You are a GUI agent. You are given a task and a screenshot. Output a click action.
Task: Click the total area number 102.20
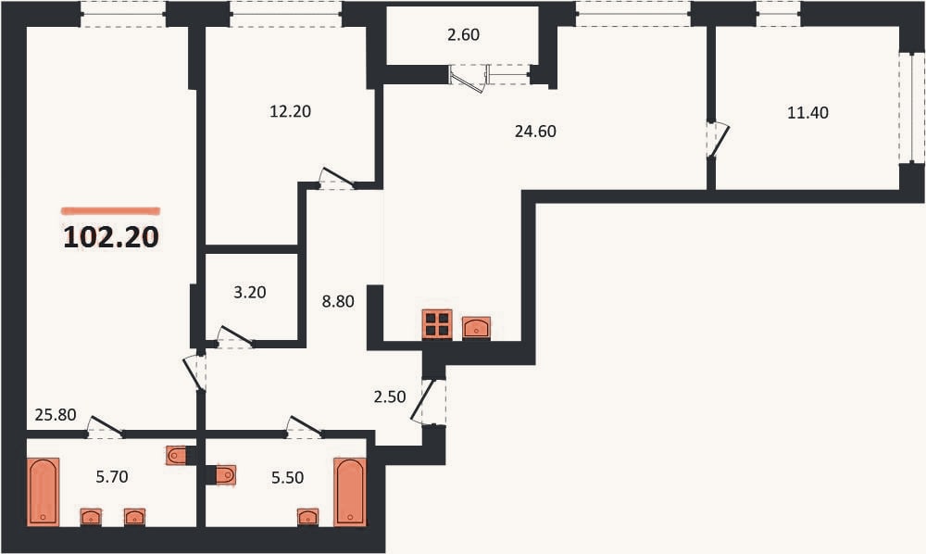coord(111,237)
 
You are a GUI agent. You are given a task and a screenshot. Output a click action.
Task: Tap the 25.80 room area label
coord(56,415)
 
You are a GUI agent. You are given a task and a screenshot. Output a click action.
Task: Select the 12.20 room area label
coord(290,111)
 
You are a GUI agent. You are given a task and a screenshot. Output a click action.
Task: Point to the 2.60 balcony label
coord(464,35)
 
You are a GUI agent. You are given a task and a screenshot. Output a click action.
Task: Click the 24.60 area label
coord(535,132)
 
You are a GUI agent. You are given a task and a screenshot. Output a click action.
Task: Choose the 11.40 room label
coord(807,112)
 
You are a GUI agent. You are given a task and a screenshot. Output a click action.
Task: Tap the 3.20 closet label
coord(250,292)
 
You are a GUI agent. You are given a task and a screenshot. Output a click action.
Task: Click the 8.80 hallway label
coord(338,301)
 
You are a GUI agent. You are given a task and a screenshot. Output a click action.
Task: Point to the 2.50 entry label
coord(390,397)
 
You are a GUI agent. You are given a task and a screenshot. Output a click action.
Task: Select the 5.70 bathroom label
coord(112,476)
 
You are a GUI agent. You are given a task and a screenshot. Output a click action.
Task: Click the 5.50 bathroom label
coord(288,477)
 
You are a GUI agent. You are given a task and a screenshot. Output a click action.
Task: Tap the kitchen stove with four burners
coord(437,324)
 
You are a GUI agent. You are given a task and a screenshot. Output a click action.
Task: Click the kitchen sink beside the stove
coord(476,327)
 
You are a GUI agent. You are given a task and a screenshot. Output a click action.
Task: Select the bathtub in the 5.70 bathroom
coord(44,491)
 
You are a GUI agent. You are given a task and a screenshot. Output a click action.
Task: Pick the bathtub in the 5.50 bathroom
coord(350,491)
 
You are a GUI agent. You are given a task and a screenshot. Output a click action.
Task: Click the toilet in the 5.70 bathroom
coord(177,455)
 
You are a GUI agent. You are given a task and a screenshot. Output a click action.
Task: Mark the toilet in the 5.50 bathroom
coord(226,475)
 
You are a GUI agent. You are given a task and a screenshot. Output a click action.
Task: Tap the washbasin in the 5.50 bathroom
coord(307,517)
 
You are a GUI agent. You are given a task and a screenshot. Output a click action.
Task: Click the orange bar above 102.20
coord(110,210)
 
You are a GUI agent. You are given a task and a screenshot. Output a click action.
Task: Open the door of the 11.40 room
coord(719,140)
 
